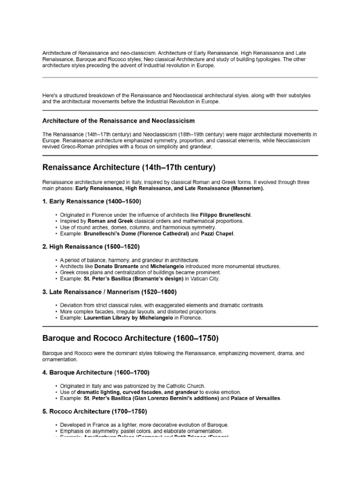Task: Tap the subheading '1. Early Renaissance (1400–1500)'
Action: [91, 201]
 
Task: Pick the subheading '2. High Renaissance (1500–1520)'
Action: [91, 246]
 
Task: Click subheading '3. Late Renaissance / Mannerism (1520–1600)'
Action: [109, 292]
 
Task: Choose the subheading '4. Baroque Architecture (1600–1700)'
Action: [96, 373]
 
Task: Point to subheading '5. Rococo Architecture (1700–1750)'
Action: [95, 411]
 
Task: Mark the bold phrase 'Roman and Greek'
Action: [109, 221]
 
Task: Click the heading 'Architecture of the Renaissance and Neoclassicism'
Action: [119, 121]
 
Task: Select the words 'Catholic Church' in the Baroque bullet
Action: [183, 385]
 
